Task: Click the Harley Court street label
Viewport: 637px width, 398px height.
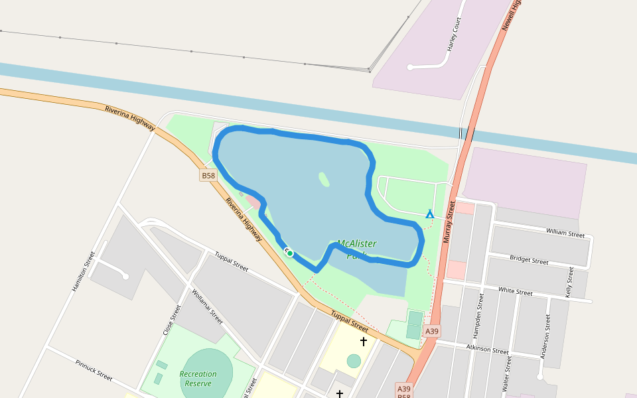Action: (x=454, y=34)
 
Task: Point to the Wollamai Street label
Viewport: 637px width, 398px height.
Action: (x=207, y=306)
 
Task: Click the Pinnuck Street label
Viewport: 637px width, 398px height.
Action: (x=94, y=369)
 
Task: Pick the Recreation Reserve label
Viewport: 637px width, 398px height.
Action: (x=198, y=379)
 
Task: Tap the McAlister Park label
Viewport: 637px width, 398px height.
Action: (x=356, y=249)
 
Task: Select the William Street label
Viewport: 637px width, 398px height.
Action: (x=565, y=233)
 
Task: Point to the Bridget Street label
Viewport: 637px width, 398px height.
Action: (x=529, y=259)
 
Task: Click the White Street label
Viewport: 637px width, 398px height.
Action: (x=516, y=292)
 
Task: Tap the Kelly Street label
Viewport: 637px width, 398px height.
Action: (x=569, y=282)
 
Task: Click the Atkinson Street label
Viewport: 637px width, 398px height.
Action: (x=487, y=349)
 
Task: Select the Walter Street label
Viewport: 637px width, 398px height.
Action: (x=508, y=374)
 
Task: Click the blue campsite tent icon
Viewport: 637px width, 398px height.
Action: (x=430, y=214)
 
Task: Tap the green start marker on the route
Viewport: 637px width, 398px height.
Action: (x=290, y=253)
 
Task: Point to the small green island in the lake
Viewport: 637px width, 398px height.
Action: (x=324, y=179)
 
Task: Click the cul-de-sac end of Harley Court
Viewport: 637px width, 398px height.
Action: (x=411, y=67)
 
